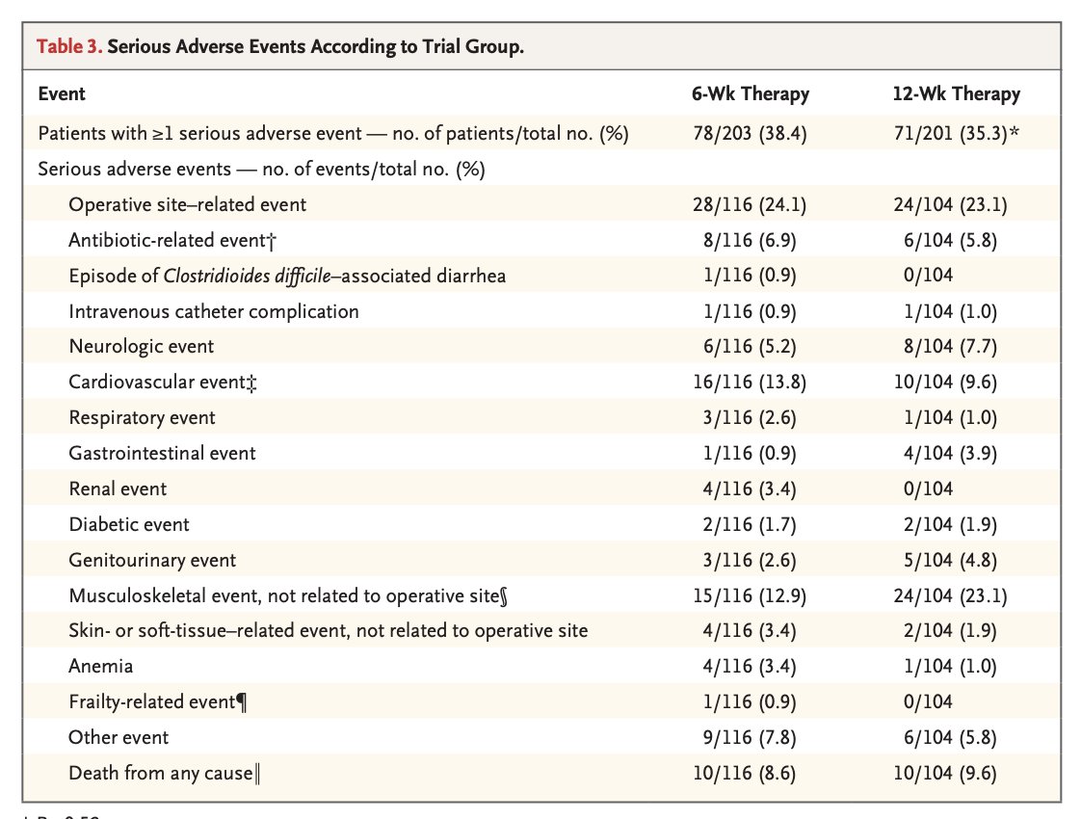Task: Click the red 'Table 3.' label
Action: [69, 48]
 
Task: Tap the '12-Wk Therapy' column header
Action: [956, 94]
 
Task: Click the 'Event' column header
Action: [62, 94]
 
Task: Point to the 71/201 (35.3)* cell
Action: [957, 134]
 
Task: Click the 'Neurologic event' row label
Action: [142, 346]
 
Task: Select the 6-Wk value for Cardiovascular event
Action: [749, 382]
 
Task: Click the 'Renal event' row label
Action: [118, 489]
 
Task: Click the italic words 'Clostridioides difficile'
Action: [245, 276]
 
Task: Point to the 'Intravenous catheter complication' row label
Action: [214, 311]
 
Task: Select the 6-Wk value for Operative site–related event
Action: [749, 204]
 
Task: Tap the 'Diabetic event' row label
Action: [129, 524]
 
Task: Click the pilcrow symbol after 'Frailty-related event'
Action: [242, 702]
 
